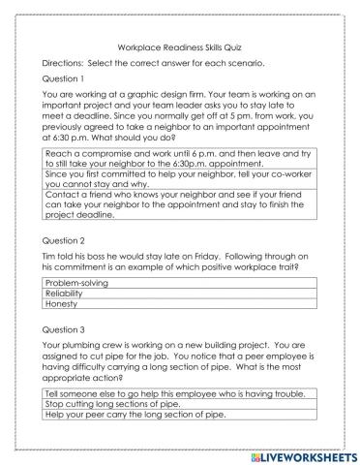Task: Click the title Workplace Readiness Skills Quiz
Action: tap(179, 45)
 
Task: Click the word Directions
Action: tap(66, 61)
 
